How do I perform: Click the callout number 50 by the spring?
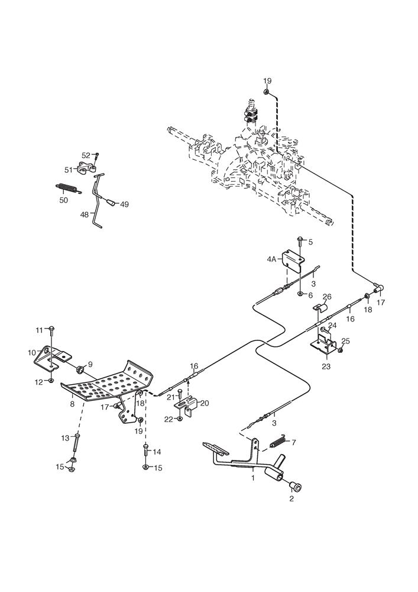(63, 200)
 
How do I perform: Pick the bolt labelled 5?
(300, 239)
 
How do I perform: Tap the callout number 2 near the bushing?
(291, 498)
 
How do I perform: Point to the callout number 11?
(39, 329)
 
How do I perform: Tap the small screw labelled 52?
(98, 156)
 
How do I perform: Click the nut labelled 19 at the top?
(267, 91)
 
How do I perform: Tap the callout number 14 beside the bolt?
(157, 452)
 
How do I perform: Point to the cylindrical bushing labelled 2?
(295, 487)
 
